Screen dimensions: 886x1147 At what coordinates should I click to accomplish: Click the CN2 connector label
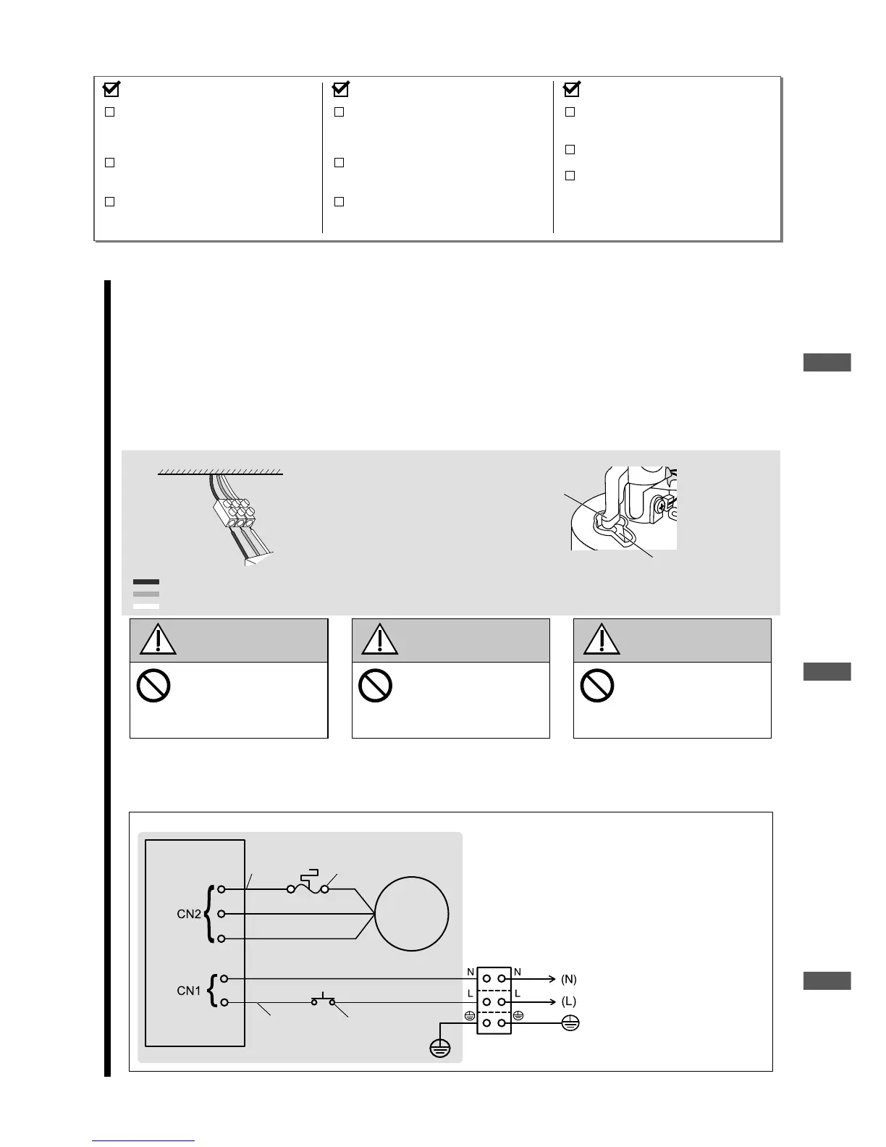[x=188, y=914]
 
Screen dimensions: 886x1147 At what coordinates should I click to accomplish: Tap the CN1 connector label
[x=188, y=990]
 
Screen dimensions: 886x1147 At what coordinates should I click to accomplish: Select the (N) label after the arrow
[x=569, y=979]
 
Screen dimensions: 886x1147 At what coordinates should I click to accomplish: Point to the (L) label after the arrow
[x=569, y=1001]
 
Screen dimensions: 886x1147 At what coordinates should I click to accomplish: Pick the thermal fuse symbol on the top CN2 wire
[x=308, y=884]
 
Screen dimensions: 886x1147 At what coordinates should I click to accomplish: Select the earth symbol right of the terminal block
[x=570, y=1024]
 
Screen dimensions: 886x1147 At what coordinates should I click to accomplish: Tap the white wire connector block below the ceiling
[x=235, y=513]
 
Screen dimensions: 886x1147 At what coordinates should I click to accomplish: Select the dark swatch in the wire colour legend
[x=145, y=581]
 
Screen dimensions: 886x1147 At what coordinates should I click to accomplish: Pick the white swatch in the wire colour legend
[x=145, y=606]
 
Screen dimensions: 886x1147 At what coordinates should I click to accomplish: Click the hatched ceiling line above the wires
[x=220, y=471]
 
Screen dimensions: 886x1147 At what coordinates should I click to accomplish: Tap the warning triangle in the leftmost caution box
[x=156, y=640]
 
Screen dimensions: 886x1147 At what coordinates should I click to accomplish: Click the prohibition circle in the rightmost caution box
[x=597, y=685]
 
